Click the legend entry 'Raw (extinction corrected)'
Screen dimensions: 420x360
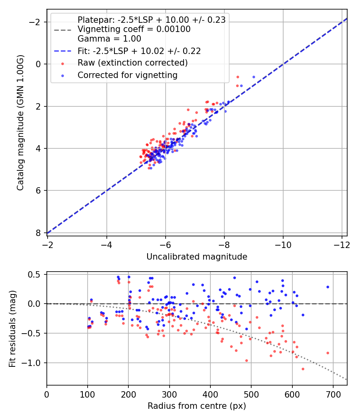pos(132,63)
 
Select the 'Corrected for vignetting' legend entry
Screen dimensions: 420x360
pos(127,75)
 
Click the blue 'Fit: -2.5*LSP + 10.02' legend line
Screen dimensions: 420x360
pos(62,51)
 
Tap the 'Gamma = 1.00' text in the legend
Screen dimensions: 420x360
pos(109,39)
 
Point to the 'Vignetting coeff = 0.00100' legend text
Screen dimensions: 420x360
pos(134,29)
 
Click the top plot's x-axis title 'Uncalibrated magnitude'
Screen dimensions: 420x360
pos(197,257)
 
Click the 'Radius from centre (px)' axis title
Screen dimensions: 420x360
pos(197,406)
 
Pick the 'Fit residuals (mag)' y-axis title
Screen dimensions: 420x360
pos(12,328)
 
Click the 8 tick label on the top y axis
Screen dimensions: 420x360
pos(39,233)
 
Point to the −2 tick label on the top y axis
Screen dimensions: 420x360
pos(36,22)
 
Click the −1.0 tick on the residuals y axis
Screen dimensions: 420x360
pos(34,363)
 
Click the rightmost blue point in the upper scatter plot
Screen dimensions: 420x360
pos(254,77)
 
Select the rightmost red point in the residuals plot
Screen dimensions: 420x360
pos(328,353)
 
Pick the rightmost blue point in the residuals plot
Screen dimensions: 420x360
pos(328,287)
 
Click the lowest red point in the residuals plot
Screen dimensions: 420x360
pos(303,369)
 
